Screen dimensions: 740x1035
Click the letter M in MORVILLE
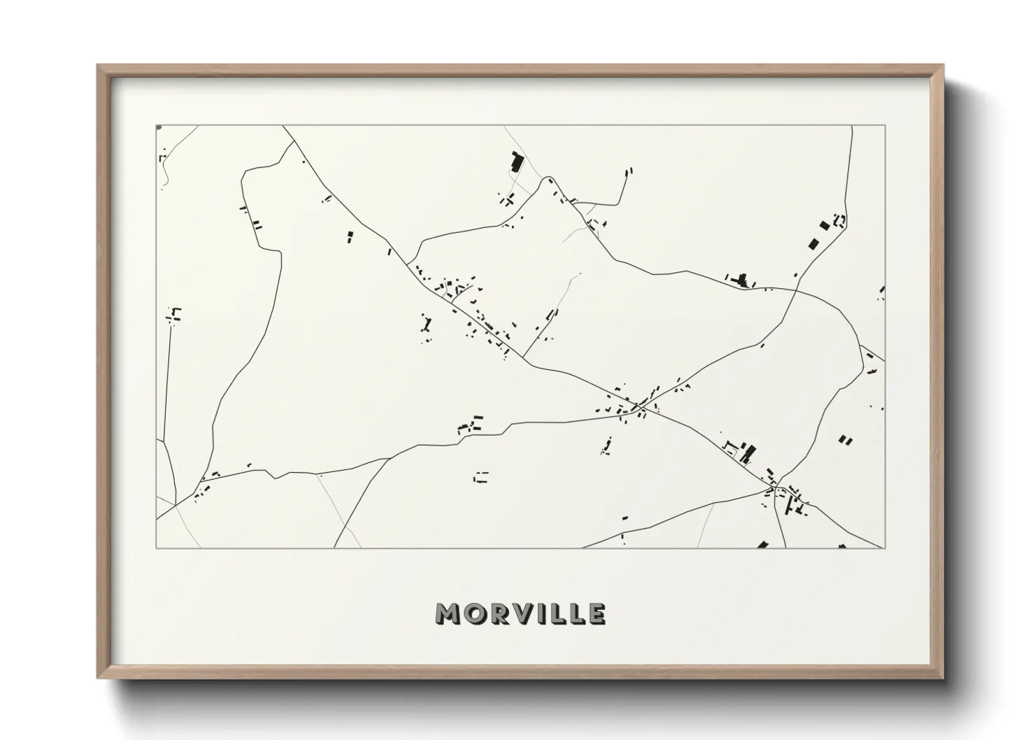pos(448,613)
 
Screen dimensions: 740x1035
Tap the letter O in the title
pos(473,613)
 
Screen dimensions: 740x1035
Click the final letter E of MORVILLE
pos(597,613)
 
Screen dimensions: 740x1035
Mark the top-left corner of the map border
pos(156,126)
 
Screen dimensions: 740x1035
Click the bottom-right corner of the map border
pos(885,548)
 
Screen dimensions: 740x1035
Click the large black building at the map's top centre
pos(517,162)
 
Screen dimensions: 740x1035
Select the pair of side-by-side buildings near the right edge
pos(845,440)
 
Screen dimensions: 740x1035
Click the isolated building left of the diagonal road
pos(350,237)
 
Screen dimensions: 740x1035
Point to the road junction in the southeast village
pos(774,484)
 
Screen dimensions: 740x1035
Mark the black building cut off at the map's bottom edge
pos(762,544)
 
